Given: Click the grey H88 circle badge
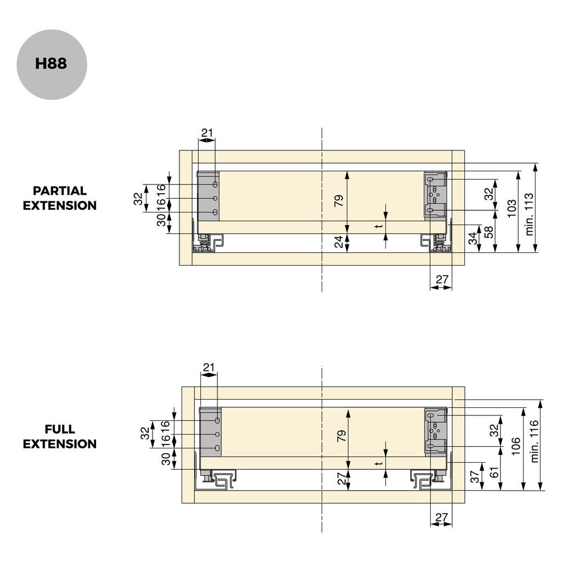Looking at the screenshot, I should point(52,64).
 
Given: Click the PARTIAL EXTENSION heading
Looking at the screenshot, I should point(60,198).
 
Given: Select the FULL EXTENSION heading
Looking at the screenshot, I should point(60,436).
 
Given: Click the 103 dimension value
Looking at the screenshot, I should point(512,209).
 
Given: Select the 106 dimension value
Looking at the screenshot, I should point(516,447).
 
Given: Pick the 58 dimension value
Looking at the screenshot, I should point(489,231).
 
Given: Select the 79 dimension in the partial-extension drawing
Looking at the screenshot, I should point(339,201).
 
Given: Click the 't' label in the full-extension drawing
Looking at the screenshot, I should point(378,464).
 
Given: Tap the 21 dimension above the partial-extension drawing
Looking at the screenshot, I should point(207,132).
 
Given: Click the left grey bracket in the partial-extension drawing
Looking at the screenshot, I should point(209,196).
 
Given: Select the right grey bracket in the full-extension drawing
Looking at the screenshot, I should point(437,432).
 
